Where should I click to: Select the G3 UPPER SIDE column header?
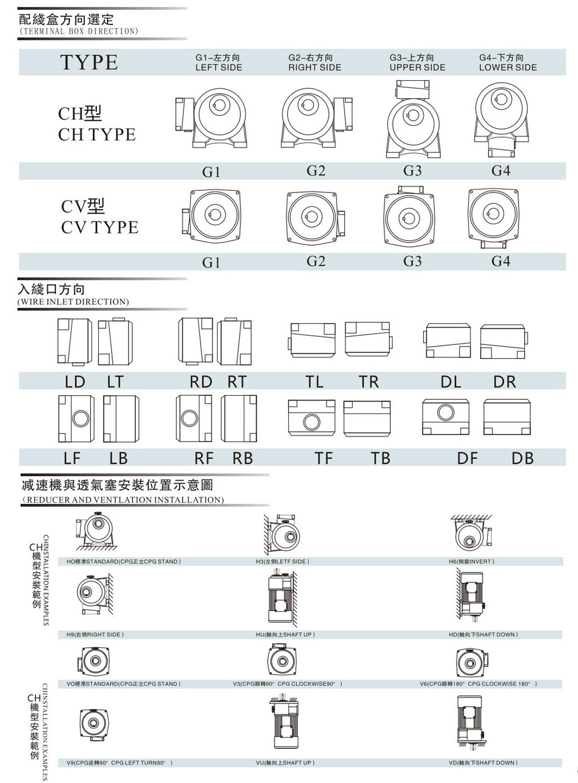[417, 62]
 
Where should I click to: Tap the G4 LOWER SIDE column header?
[507, 62]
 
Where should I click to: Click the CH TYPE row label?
[97, 124]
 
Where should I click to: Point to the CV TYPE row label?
[99, 217]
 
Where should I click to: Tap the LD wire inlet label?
[75, 382]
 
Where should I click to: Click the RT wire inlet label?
[237, 382]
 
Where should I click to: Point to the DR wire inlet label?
[504, 382]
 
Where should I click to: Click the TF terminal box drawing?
[312, 417]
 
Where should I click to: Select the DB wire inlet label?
[522, 458]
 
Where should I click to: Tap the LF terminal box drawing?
[76, 418]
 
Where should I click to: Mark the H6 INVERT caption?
[471, 562]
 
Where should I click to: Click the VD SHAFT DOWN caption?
[483, 763]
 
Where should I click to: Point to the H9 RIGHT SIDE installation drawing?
[92, 596]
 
